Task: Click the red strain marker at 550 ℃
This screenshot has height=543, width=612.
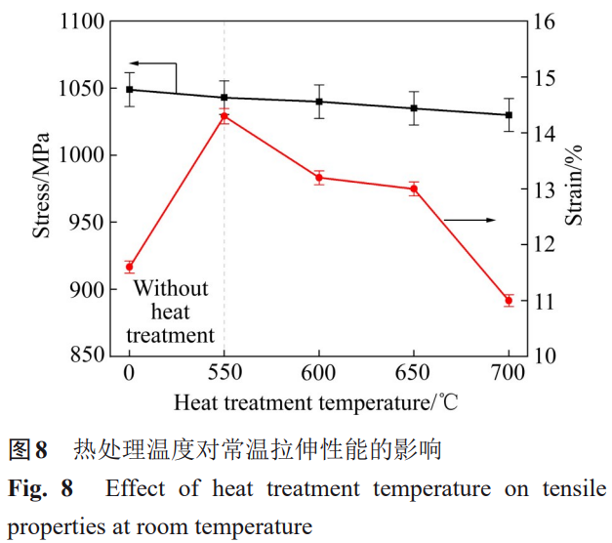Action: (x=224, y=116)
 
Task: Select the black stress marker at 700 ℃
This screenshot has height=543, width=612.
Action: (x=509, y=114)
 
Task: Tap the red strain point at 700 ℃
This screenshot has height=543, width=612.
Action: (x=509, y=300)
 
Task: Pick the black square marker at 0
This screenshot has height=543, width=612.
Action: (x=129, y=89)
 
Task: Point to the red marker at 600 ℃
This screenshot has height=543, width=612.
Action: (x=319, y=177)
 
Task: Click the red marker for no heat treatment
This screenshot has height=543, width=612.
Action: (x=129, y=267)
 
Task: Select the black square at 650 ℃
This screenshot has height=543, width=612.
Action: (x=414, y=108)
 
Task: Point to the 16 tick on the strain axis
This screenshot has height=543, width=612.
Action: (x=544, y=21)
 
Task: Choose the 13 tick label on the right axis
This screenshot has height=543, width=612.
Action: (x=544, y=188)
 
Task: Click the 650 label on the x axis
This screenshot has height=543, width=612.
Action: (x=414, y=374)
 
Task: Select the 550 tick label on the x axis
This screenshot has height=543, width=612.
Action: (x=224, y=374)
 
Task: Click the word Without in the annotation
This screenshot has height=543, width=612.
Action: (x=171, y=288)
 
